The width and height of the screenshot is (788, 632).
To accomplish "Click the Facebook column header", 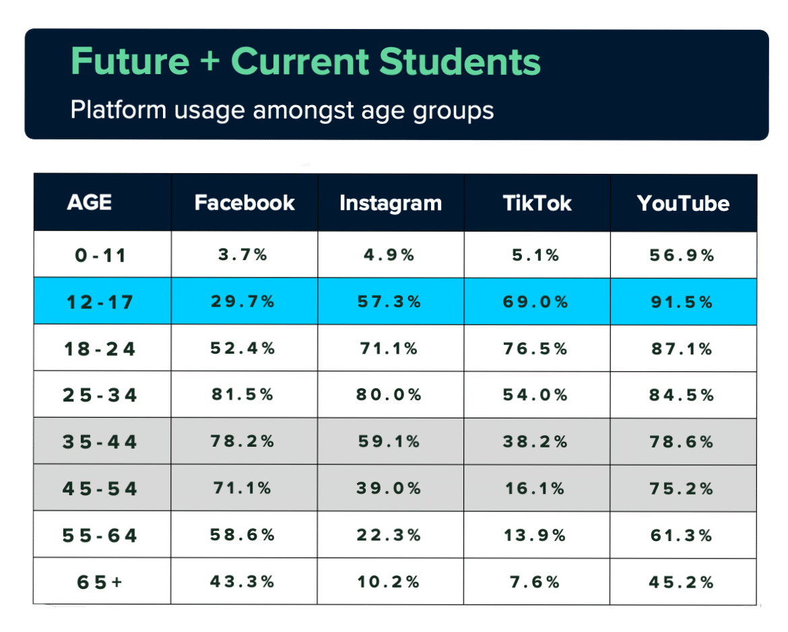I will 244,203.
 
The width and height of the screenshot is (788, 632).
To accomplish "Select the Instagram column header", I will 391,203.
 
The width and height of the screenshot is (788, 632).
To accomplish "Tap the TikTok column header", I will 537,203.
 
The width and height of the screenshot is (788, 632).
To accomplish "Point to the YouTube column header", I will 683,203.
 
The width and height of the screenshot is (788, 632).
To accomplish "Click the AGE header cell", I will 90,203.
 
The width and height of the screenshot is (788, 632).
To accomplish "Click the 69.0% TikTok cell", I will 536,302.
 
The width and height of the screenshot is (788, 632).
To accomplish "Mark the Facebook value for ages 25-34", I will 243,395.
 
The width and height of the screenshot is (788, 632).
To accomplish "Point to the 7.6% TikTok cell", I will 536,582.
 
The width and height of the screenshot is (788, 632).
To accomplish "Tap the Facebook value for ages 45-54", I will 243,488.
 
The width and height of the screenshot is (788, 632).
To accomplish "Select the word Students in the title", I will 459,62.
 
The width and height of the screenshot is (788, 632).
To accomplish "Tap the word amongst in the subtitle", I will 301,110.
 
